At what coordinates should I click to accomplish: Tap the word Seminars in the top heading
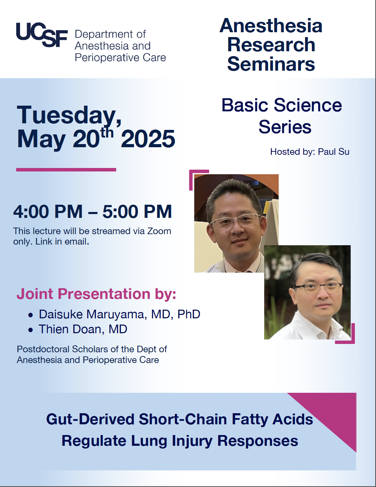click(271, 64)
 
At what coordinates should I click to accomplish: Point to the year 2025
click(148, 139)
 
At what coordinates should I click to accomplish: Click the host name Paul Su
click(333, 152)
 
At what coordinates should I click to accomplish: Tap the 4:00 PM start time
click(48, 211)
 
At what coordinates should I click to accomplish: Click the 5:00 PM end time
click(137, 211)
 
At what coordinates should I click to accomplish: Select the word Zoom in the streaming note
click(159, 231)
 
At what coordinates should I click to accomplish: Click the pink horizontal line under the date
click(66, 170)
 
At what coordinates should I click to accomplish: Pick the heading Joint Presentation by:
click(96, 294)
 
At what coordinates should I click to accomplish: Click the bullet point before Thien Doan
click(31, 330)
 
